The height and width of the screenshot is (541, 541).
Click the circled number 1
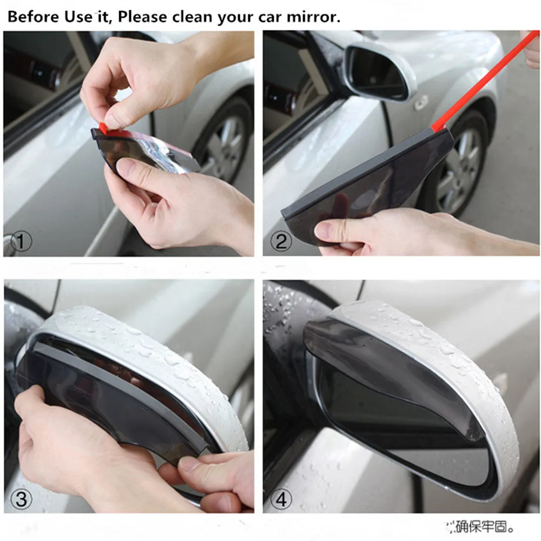[x=20, y=242]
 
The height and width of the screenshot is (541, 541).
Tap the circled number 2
[x=280, y=241]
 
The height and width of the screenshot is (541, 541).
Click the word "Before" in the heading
[x=32, y=17]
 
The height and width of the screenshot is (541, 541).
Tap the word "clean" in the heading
[x=193, y=17]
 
